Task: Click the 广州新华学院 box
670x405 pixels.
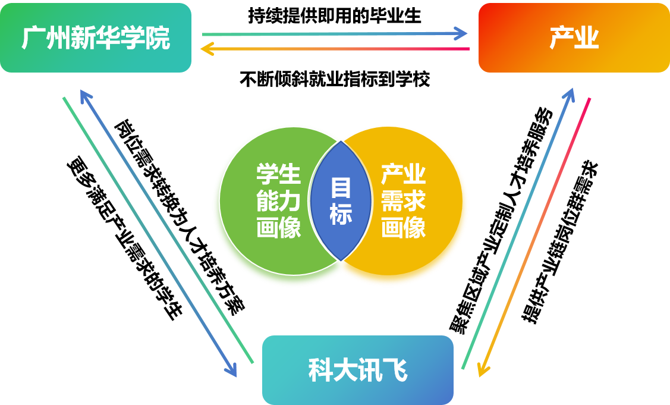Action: [x=96, y=37]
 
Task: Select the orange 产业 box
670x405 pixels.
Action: [x=574, y=37]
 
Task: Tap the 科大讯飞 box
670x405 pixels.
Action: [x=358, y=370]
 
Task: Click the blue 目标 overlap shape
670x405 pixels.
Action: [x=341, y=201]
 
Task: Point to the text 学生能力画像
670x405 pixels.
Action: [x=279, y=200]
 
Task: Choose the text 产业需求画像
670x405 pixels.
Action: [x=403, y=200]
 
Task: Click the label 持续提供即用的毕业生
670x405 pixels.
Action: [x=335, y=15]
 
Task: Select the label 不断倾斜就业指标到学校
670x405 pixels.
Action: [x=335, y=79]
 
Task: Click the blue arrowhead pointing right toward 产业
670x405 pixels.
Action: [x=461, y=33]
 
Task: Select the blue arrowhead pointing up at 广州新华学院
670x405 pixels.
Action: [x=86, y=96]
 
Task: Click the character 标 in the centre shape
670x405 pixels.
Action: [x=341, y=214]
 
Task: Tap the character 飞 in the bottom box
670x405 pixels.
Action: [x=395, y=371]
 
